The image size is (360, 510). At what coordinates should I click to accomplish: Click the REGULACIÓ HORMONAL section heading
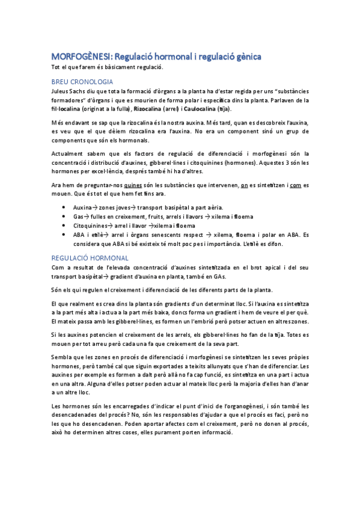pos(90,257)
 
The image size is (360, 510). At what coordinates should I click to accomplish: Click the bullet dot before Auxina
pos(64,206)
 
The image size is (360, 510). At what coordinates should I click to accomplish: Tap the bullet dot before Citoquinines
pos(64,225)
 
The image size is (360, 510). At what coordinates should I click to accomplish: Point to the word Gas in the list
pos(79,215)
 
